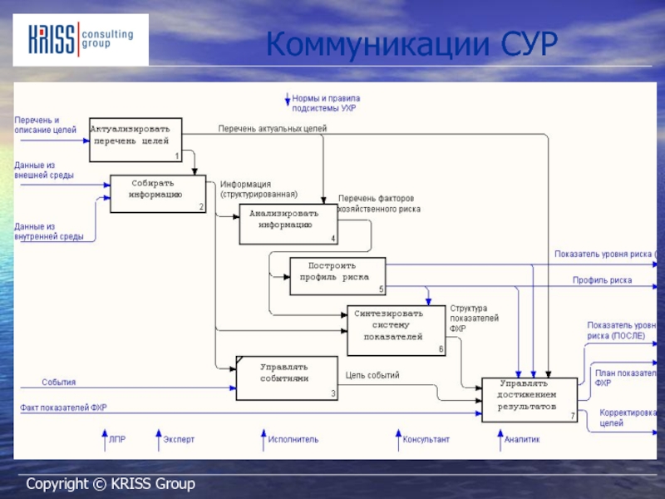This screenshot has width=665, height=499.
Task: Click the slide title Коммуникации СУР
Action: [411, 43]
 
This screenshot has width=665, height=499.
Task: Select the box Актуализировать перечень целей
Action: [135, 140]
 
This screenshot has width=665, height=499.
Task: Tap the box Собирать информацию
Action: [158, 194]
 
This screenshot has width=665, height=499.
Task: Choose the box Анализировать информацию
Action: [288, 224]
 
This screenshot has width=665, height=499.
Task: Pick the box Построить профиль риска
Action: [337, 276]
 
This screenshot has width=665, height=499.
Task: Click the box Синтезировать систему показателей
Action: [396, 331]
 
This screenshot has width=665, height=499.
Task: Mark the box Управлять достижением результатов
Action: [529, 399]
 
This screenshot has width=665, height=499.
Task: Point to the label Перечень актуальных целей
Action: [273, 129]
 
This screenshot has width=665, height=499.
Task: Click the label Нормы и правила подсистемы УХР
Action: [326, 103]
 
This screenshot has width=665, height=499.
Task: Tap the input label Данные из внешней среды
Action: [44, 170]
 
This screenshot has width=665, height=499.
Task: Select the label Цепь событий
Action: [372, 375]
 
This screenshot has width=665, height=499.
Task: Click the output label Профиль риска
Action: [602, 281]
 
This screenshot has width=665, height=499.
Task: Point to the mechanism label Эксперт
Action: [179, 438]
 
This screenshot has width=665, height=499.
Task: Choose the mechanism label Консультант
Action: [426, 438]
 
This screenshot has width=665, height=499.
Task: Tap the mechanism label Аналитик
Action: [522, 438]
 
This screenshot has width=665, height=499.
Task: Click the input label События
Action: [59, 383]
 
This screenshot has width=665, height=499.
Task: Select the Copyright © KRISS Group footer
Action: [110, 483]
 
